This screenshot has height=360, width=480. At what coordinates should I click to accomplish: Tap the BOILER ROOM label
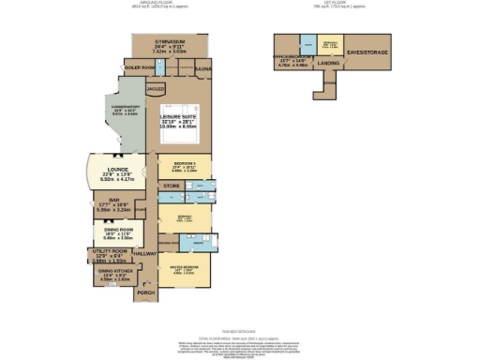pyautogui.click(x=139, y=68)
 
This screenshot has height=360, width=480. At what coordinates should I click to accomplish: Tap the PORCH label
pyautogui.click(x=145, y=293)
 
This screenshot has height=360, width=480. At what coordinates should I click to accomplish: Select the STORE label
pyautogui.click(x=172, y=187)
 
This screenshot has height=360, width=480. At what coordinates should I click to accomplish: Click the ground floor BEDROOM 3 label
pyautogui.click(x=184, y=163)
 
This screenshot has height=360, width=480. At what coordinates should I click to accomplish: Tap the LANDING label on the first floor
pyautogui.click(x=329, y=63)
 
